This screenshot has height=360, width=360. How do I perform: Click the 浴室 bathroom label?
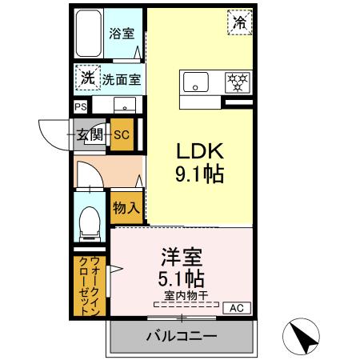[x=122, y=34]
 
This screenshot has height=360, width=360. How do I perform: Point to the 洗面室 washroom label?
[x=122, y=79]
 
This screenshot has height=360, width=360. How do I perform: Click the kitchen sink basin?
[x=195, y=82]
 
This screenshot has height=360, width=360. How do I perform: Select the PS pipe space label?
[x=81, y=106]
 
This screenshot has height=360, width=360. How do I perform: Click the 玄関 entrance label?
[x=90, y=134]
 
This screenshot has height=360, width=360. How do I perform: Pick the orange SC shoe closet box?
[x=121, y=134]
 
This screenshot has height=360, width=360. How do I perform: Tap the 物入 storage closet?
[x=126, y=208]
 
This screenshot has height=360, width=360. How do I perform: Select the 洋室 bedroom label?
[x=181, y=258]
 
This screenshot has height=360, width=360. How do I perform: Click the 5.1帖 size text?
[x=181, y=279]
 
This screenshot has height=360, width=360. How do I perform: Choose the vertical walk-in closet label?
[x=90, y=286]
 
